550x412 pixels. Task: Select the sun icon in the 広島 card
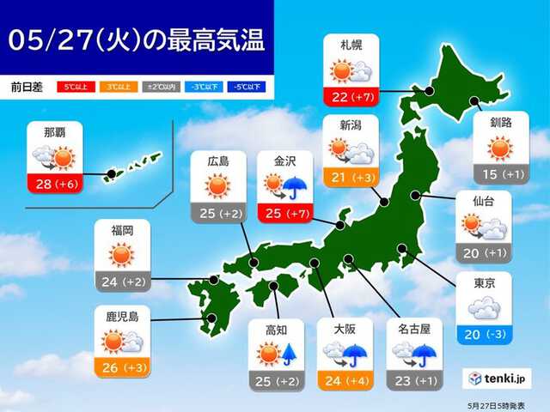click(x=218, y=185)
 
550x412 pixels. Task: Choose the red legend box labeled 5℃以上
click(x=73, y=87)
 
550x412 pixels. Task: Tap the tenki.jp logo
click(x=499, y=377)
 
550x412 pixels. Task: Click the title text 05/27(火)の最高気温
click(x=137, y=40)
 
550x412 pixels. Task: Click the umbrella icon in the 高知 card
click(x=290, y=353)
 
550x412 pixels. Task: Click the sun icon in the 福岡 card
click(x=121, y=253)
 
